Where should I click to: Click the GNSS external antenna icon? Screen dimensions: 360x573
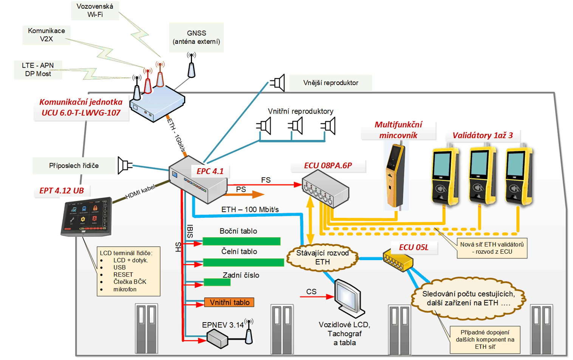pyautogui.click(x=192, y=67)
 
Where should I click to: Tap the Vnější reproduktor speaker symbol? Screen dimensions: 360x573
pyautogui.click(x=278, y=83)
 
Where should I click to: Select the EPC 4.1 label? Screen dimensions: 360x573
pyautogui.click(x=210, y=171)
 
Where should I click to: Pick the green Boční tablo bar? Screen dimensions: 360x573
pyautogui.click(x=242, y=241)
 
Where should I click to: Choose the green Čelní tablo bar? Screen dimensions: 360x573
pyautogui.click(x=243, y=262)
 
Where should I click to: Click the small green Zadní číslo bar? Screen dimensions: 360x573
pyautogui.click(x=217, y=282)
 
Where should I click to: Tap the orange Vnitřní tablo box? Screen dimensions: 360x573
pyautogui.click(x=229, y=302)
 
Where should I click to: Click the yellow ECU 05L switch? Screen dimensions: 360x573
pyautogui.click(x=398, y=261)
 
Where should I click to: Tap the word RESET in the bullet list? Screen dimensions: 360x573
pyautogui.click(x=123, y=275)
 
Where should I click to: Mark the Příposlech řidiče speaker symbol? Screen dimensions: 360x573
pyautogui.click(x=124, y=165)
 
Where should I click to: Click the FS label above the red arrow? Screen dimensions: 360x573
pyautogui.click(x=266, y=180)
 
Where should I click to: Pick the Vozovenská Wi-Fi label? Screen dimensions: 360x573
pyautogui.click(x=95, y=11)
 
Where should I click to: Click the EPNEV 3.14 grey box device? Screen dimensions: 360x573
pyautogui.click(x=217, y=338)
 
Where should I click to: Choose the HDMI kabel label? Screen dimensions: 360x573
pyautogui.click(x=140, y=192)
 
